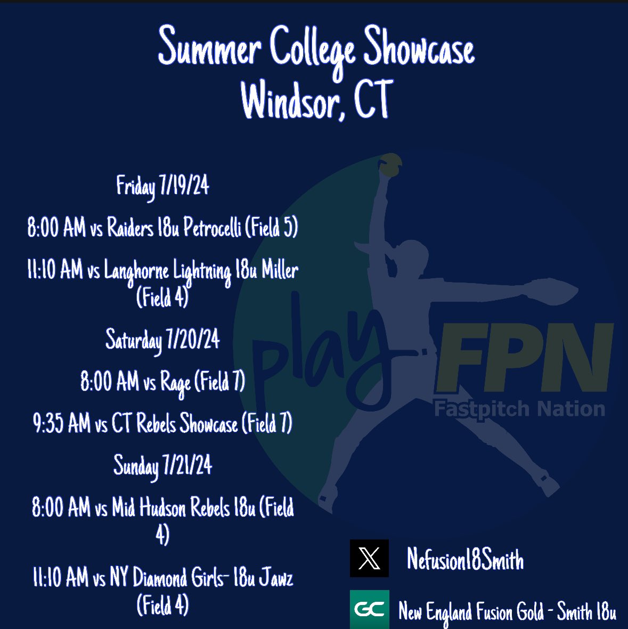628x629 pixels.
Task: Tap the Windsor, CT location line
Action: pyautogui.click(x=317, y=100)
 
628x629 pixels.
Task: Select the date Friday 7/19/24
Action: pyautogui.click(x=162, y=186)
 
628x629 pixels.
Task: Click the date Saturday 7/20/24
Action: pyautogui.click(x=162, y=340)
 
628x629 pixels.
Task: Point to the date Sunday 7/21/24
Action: pyautogui.click(x=162, y=465)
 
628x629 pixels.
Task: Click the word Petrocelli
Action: pyautogui.click(x=212, y=229)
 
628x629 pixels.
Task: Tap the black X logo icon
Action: pyautogui.click(x=369, y=558)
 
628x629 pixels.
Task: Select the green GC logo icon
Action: pyautogui.click(x=369, y=609)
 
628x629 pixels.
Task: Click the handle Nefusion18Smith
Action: pyautogui.click(x=465, y=560)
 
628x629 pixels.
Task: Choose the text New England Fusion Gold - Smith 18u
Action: pyautogui.click(x=507, y=611)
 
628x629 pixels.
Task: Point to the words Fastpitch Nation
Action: pyautogui.click(x=519, y=409)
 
